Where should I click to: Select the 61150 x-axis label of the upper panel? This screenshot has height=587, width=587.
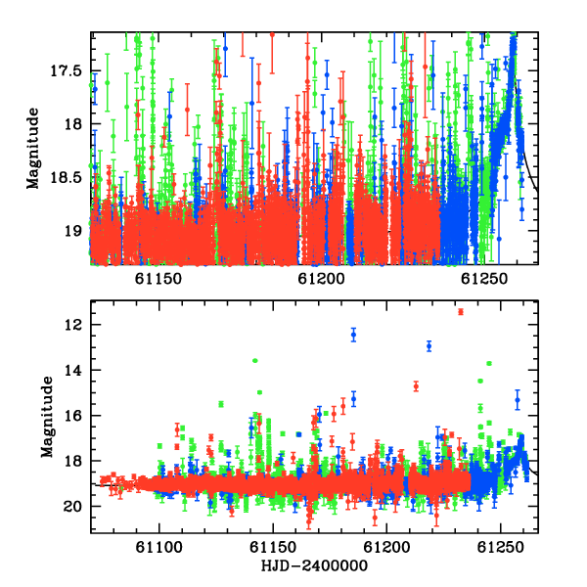coord(158,279)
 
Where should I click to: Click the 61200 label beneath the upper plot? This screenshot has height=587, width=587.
coord(321,279)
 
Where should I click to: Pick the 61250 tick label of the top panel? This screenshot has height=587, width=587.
coord(484,279)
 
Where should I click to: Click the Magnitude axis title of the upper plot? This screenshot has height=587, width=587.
coord(33,149)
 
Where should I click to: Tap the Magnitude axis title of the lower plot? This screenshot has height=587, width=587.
coord(47,417)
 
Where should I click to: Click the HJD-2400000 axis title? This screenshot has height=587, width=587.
coord(314,565)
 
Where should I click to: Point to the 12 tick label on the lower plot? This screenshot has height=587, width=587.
coord(73,324)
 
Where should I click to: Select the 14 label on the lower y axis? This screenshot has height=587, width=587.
coord(73,370)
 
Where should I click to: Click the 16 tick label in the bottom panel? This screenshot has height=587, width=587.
coord(73,415)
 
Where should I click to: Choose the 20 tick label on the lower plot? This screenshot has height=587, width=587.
coord(73,506)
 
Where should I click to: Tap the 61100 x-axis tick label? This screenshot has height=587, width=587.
coord(159,547)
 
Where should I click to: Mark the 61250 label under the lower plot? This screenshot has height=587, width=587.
coord(500,547)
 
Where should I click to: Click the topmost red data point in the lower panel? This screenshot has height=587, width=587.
coord(461,311)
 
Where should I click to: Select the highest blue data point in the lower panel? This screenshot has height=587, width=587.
coord(353,335)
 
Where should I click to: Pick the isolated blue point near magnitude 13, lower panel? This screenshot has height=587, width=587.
coord(429,346)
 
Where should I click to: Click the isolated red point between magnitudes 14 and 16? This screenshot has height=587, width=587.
coord(416,386)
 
